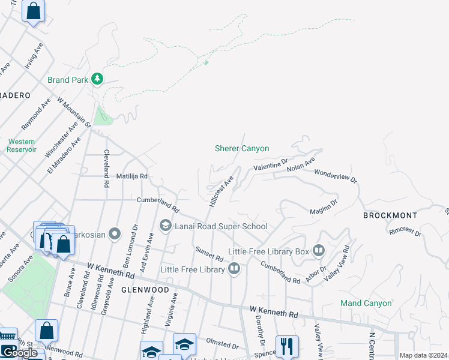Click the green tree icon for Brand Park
pyautogui.click(x=97, y=79)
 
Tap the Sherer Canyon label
pyautogui.click(x=242, y=148)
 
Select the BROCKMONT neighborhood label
pyautogui.click(x=390, y=215)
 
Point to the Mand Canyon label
pyautogui.click(x=366, y=303)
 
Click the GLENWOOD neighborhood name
pyautogui.click(x=144, y=290)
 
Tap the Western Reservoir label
pyautogui.click(x=22, y=145)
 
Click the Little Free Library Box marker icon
pyautogui.click(x=318, y=250)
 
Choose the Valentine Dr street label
pyautogui.click(x=271, y=164)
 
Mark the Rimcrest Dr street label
pyautogui.click(x=406, y=230)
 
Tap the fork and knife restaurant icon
pyautogui.click(x=287, y=346)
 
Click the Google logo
pyautogui.click(x=19, y=353)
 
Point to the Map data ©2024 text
pyautogui.click(x=423, y=355)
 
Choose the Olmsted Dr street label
pyautogui.click(x=221, y=344)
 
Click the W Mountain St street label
pyautogui.click(x=73, y=112)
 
